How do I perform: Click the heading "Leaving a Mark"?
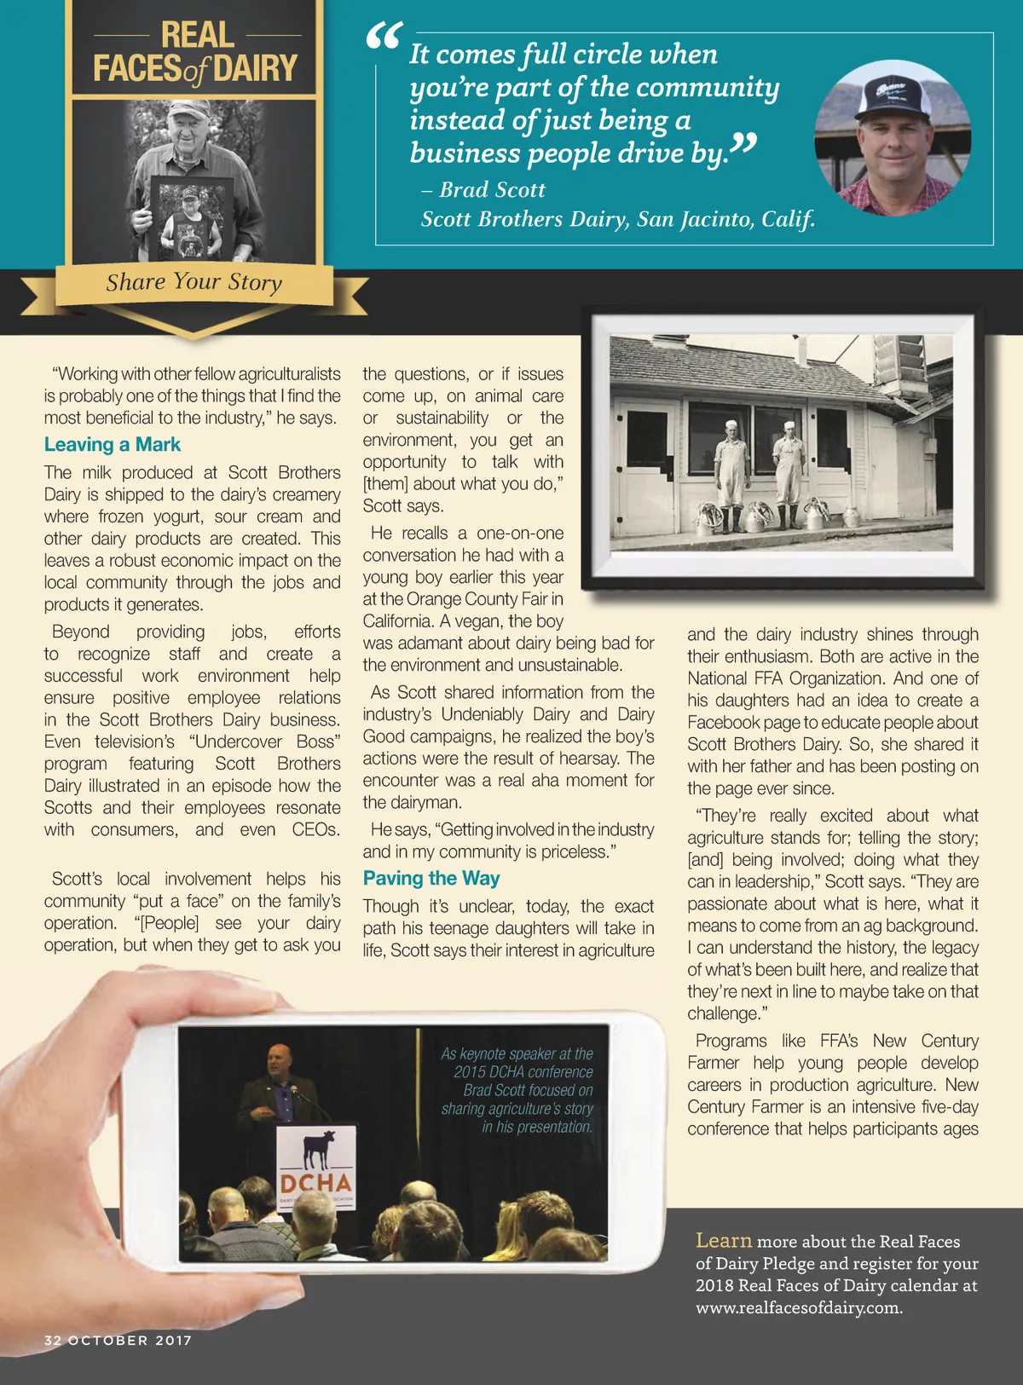(x=113, y=445)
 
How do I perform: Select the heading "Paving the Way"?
(x=431, y=879)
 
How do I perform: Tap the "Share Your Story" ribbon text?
(x=194, y=282)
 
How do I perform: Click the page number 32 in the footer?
(x=53, y=1341)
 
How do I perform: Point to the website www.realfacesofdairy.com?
(x=799, y=1308)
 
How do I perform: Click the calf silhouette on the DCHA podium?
(x=318, y=1148)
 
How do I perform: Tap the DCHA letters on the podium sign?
(x=315, y=1183)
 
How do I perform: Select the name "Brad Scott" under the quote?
(x=492, y=190)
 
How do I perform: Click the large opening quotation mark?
(x=384, y=38)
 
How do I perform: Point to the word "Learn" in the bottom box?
(x=724, y=1241)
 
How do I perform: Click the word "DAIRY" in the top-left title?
(x=256, y=68)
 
